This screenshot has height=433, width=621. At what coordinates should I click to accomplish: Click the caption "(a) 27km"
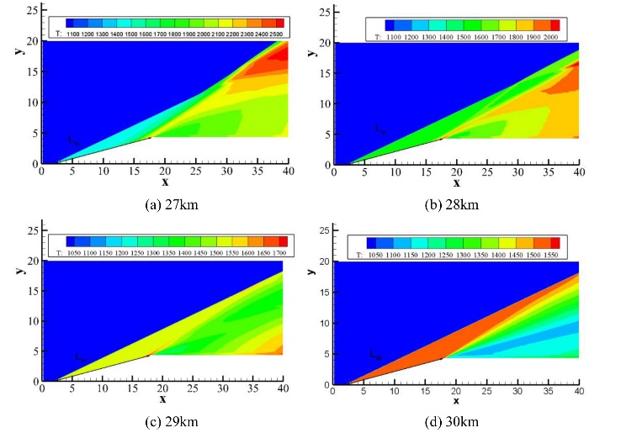click(164, 203)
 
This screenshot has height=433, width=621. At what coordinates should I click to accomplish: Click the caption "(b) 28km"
click(456, 203)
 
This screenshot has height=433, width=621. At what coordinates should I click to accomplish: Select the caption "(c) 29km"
click(164, 420)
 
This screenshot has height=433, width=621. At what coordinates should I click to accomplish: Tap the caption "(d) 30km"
click(456, 420)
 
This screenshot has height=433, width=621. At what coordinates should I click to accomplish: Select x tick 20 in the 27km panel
click(164, 171)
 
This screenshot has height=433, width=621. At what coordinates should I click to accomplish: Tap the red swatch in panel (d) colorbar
click(555, 242)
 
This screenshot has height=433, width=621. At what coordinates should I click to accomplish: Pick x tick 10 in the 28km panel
click(395, 171)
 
